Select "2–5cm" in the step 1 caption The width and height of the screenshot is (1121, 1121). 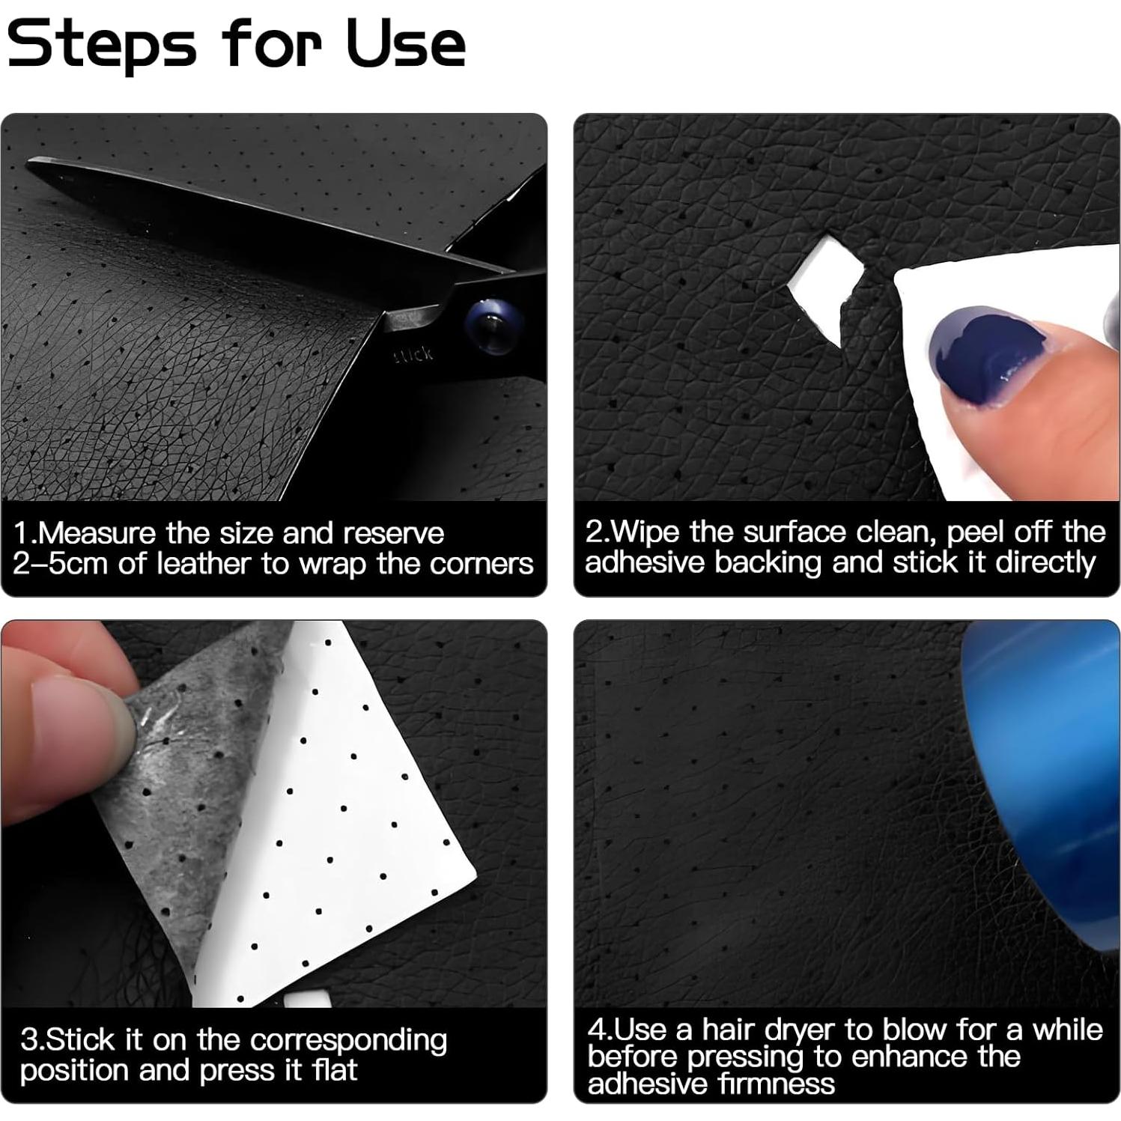click(x=61, y=563)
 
